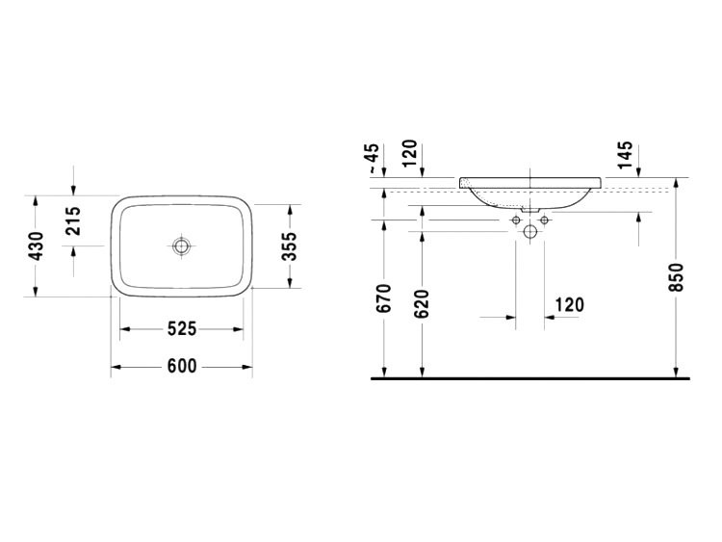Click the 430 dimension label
point(37,246)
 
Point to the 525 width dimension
point(181,329)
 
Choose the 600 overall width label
point(181,366)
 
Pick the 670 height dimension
point(383,299)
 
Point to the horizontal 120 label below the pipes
point(569,305)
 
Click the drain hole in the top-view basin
point(181,246)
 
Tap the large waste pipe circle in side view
point(529,231)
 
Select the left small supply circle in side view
point(514,219)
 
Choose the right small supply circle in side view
point(545,219)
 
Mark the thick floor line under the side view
point(529,379)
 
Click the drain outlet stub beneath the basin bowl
point(529,209)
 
